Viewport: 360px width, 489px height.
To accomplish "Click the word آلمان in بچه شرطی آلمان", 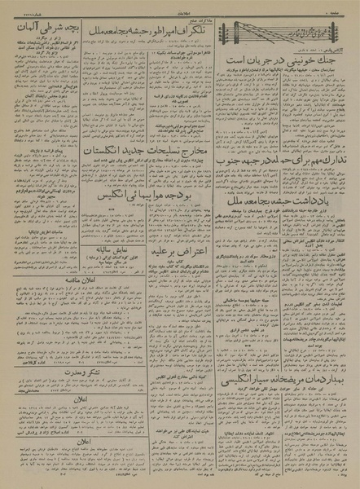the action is pyautogui.click(x=21, y=28).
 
